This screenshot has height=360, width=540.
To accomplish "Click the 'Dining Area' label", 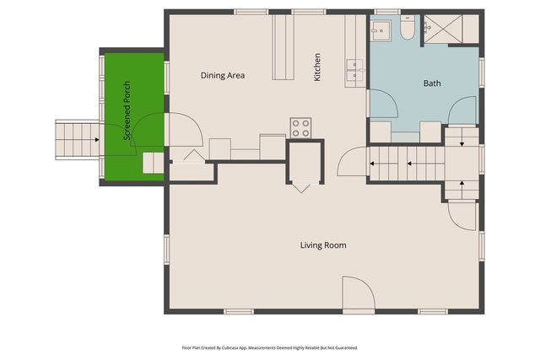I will [223, 76].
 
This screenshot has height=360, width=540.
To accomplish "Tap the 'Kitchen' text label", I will [318, 67].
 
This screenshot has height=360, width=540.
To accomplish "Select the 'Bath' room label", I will [431, 83].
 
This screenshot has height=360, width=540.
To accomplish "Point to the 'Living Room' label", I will [323, 245].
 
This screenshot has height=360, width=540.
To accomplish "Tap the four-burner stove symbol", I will [301, 128].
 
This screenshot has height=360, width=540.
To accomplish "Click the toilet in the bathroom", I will [407, 30].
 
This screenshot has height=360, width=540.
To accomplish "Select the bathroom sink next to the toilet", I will [381, 29].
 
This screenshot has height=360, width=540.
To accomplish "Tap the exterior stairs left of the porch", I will [77, 139].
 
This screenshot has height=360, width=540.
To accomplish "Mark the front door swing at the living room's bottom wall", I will [358, 294].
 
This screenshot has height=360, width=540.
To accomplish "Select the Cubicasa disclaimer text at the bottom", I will [270, 347].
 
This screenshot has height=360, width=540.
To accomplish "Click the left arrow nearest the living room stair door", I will [374, 164].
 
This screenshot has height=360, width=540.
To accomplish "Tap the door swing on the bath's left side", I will [383, 104].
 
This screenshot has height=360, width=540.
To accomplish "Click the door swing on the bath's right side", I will [463, 111].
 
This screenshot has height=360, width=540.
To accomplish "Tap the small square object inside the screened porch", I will [153, 163].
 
